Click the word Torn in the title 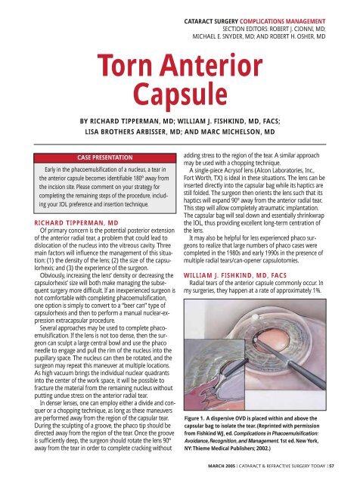pos(126,65)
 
